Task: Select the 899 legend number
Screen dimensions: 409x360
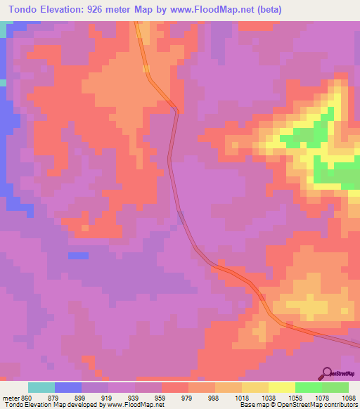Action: [82, 398]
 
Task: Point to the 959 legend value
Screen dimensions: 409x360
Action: [161, 398]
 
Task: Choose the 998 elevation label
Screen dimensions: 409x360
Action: [214, 398]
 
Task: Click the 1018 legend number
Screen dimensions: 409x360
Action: [242, 398]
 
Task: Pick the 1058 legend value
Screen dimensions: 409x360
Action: [295, 398]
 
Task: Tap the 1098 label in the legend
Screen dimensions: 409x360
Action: [349, 398]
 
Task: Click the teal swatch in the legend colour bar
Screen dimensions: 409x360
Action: [41, 387]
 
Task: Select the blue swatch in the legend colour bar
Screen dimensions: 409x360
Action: [68, 387]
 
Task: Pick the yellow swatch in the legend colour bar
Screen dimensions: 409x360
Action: [281, 387]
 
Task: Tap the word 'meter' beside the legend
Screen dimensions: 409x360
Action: [10, 398]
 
